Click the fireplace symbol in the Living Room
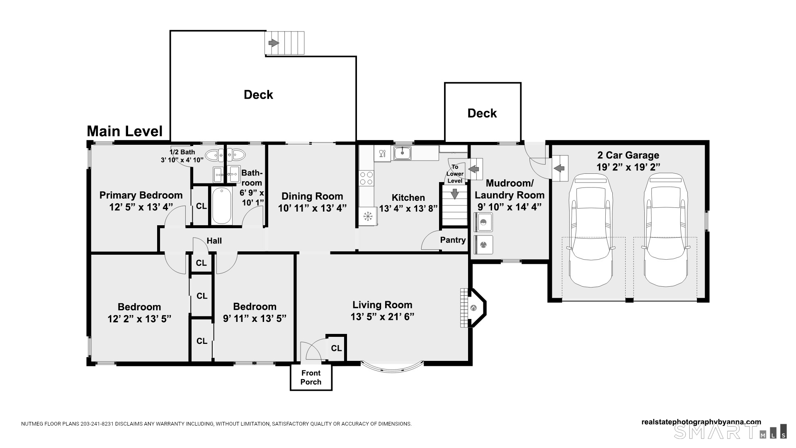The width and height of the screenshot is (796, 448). [473, 308]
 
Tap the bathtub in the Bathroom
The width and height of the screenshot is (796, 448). [221, 206]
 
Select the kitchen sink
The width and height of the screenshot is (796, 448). [402, 153]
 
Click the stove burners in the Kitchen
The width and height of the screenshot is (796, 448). [366, 178]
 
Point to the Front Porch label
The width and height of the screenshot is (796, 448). [311, 377]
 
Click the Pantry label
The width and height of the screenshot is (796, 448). [453, 240]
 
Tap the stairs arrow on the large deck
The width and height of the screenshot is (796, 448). [273, 43]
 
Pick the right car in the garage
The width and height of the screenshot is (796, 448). [666, 229]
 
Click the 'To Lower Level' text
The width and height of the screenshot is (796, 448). [455, 174]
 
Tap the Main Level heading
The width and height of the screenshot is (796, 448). [125, 131]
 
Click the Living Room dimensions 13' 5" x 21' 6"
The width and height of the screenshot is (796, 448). [382, 317]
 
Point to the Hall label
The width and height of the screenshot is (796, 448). [214, 241]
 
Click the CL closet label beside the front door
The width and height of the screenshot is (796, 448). [336, 348]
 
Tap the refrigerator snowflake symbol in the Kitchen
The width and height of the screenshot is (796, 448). [367, 216]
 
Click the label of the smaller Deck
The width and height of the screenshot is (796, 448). [482, 113]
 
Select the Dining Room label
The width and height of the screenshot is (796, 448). [312, 196]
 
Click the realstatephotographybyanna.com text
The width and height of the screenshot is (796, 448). [701, 422]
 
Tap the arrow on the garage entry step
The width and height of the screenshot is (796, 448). [559, 168]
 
